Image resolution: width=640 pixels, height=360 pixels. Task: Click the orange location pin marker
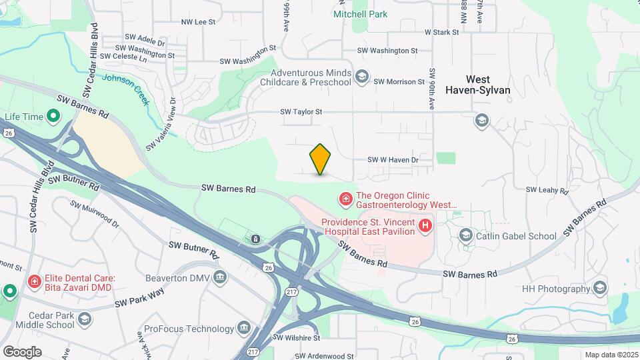(321, 159)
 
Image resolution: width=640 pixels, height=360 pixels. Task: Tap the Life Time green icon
(53, 117)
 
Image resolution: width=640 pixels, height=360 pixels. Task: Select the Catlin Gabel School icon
(465, 235)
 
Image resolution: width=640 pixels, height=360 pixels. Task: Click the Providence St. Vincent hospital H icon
(425, 227)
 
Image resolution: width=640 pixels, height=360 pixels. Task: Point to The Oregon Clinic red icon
(346, 199)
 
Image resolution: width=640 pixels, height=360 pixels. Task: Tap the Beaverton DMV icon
(221, 277)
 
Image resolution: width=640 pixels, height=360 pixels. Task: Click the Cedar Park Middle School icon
(85, 320)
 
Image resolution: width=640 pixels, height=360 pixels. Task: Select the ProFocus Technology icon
(243, 329)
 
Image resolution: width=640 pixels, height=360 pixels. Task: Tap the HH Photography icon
(599, 288)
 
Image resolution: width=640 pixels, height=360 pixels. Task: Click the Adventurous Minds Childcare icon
(361, 77)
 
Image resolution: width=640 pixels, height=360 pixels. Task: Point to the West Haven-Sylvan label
(487, 84)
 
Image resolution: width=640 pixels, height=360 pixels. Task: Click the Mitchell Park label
(360, 13)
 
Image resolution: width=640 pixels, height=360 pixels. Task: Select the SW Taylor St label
(301, 112)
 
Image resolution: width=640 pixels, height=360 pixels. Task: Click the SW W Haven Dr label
(393, 160)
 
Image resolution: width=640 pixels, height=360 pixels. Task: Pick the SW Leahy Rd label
(547, 190)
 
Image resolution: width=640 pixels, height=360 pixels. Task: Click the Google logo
(23, 351)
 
